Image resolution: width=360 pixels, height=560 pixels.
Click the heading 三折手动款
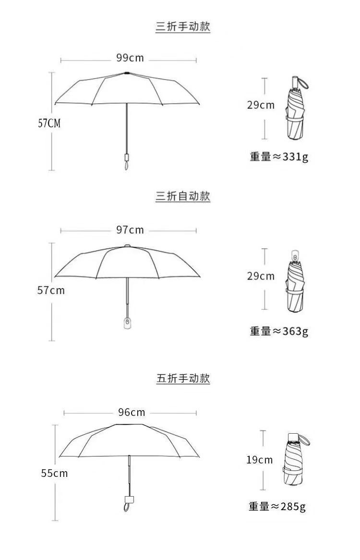coord(183,26)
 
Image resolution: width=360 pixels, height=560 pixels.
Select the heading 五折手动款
coord(183,378)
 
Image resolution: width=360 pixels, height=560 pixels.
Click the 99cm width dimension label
coord(130,58)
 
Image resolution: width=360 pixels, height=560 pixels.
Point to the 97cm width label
coord(130,230)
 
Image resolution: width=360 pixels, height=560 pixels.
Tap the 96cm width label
coord(132,413)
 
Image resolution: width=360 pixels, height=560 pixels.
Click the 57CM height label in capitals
coord(49,123)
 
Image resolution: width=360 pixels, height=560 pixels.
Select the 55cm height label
coord(54,473)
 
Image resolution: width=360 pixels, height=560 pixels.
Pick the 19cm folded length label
coord(260,460)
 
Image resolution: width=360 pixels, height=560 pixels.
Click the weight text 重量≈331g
coord(279,157)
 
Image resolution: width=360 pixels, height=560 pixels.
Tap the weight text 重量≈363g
coord(279,331)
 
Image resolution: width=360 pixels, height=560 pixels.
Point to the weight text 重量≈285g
coord(277,506)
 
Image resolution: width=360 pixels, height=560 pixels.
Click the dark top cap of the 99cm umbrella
coord(127,73)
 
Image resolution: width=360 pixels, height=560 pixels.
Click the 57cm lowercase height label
coord(51,291)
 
